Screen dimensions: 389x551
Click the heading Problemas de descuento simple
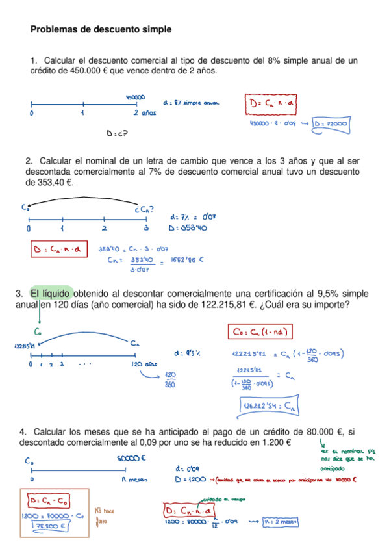(101, 29)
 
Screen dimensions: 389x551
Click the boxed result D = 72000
(331, 123)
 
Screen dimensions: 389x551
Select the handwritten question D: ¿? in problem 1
(116, 134)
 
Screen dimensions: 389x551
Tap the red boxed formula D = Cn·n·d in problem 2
(58, 250)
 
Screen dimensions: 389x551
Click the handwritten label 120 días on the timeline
(144, 365)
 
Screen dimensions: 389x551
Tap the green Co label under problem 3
(39, 331)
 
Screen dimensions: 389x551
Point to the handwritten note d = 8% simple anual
(192, 103)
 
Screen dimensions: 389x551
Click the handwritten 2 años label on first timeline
(145, 113)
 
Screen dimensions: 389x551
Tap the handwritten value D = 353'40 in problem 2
(188, 228)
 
